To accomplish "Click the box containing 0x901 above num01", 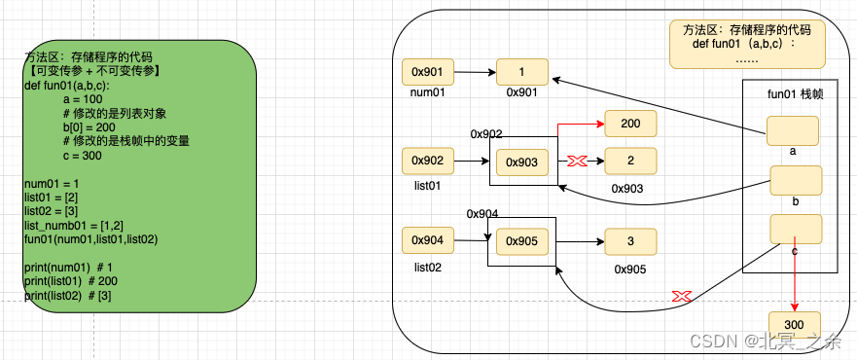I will pyautogui.click(x=428, y=72).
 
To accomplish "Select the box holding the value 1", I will pyautogui.click(x=522, y=72).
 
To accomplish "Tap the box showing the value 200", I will pyautogui.click(x=630, y=124).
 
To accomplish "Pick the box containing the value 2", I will pyautogui.click(x=630, y=161).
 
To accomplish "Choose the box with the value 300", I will pyautogui.click(x=794, y=324).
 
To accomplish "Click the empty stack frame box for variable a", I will pyautogui.click(x=792, y=129).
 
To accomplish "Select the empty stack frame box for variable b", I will pyautogui.click(x=796, y=180).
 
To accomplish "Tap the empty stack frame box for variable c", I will pyautogui.click(x=796, y=229).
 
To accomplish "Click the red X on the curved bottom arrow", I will pyautogui.click(x=682, y=295).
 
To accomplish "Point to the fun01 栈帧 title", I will pyautogui.click(x=794, y=93).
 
